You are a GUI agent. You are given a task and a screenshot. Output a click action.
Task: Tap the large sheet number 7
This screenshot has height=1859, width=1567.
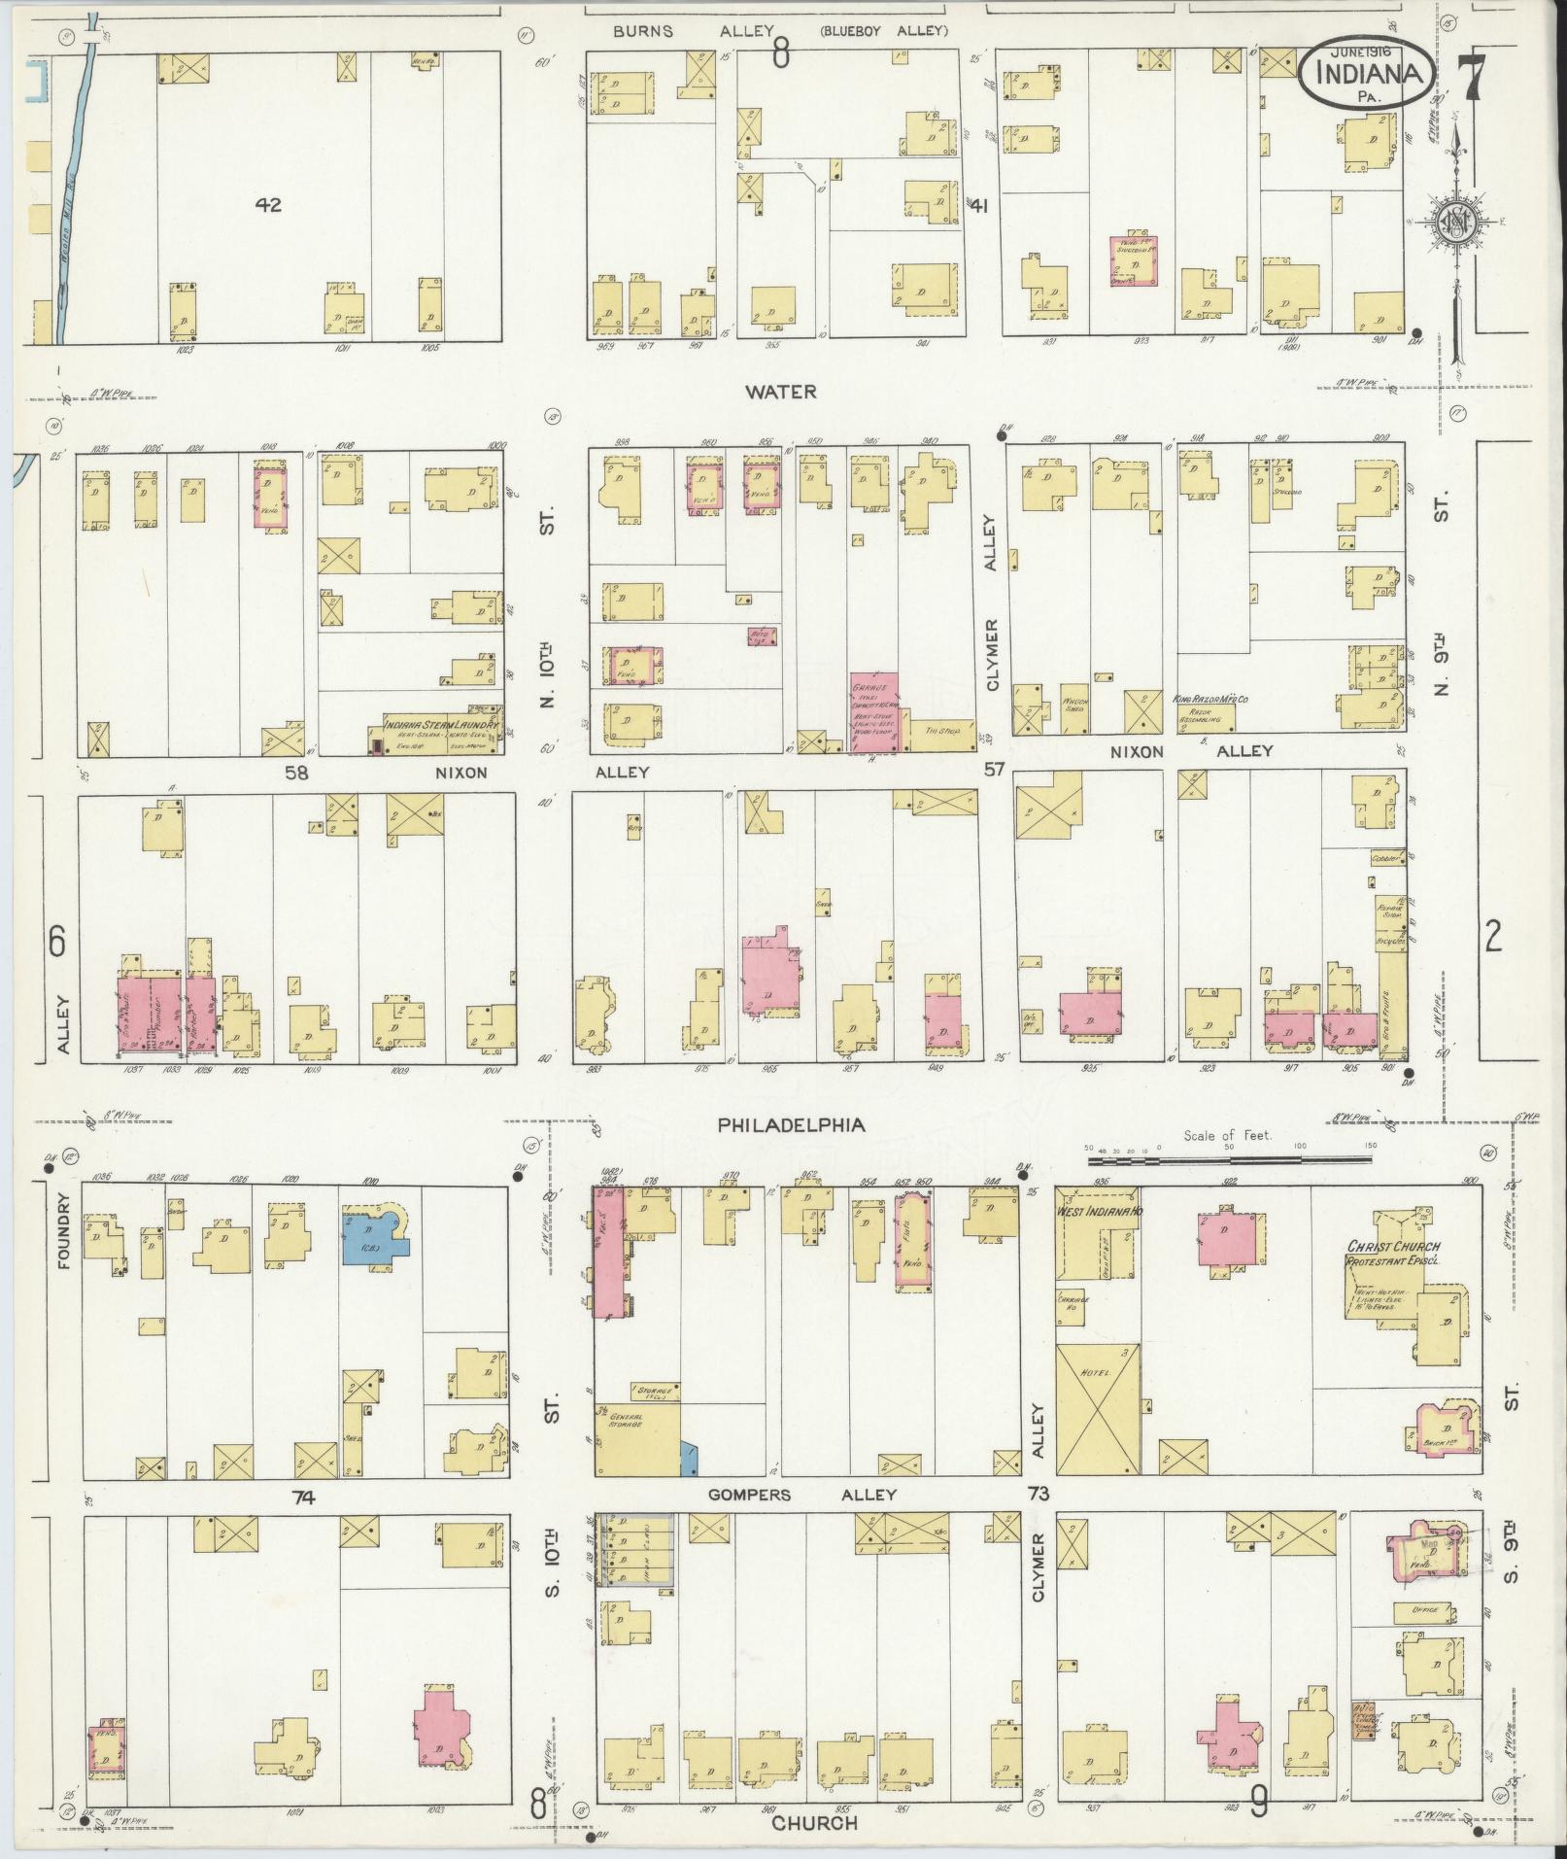pos(1467,76)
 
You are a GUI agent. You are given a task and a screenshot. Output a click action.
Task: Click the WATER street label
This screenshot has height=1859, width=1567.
pos(781,392)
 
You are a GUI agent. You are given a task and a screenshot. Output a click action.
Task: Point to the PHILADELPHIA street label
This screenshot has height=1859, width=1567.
pos(792,1125)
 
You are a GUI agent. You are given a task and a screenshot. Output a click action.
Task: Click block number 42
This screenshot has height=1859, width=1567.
pos(268,205)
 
